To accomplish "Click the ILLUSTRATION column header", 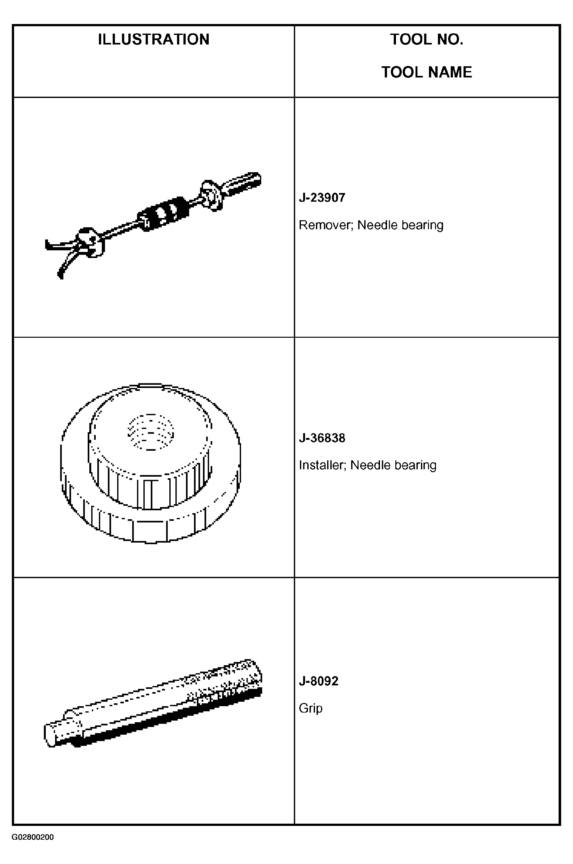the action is pyautogui.click(x=153, y=39).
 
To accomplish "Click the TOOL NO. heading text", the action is pyautogui.click(x=426, y=39).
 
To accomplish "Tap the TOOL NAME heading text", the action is pyautogui.click(x=426, y=72).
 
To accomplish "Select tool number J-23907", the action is pyautogui.click(x=322, y=198).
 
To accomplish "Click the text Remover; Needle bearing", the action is pyautogui.click(x=371, y=225).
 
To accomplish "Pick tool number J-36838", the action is pyautogui.click(x=322, y=438).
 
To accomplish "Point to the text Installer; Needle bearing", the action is pyautogui.click(x=367, y=465).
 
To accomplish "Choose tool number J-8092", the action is pyautogui.click(x=319, y=681).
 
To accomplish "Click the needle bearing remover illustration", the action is pyautogui.click(x=153, y=225).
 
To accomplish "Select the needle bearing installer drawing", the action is pyautogui.click(x=150, y=463).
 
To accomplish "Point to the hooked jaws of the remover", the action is pyautogui.click(x=69, y=252).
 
